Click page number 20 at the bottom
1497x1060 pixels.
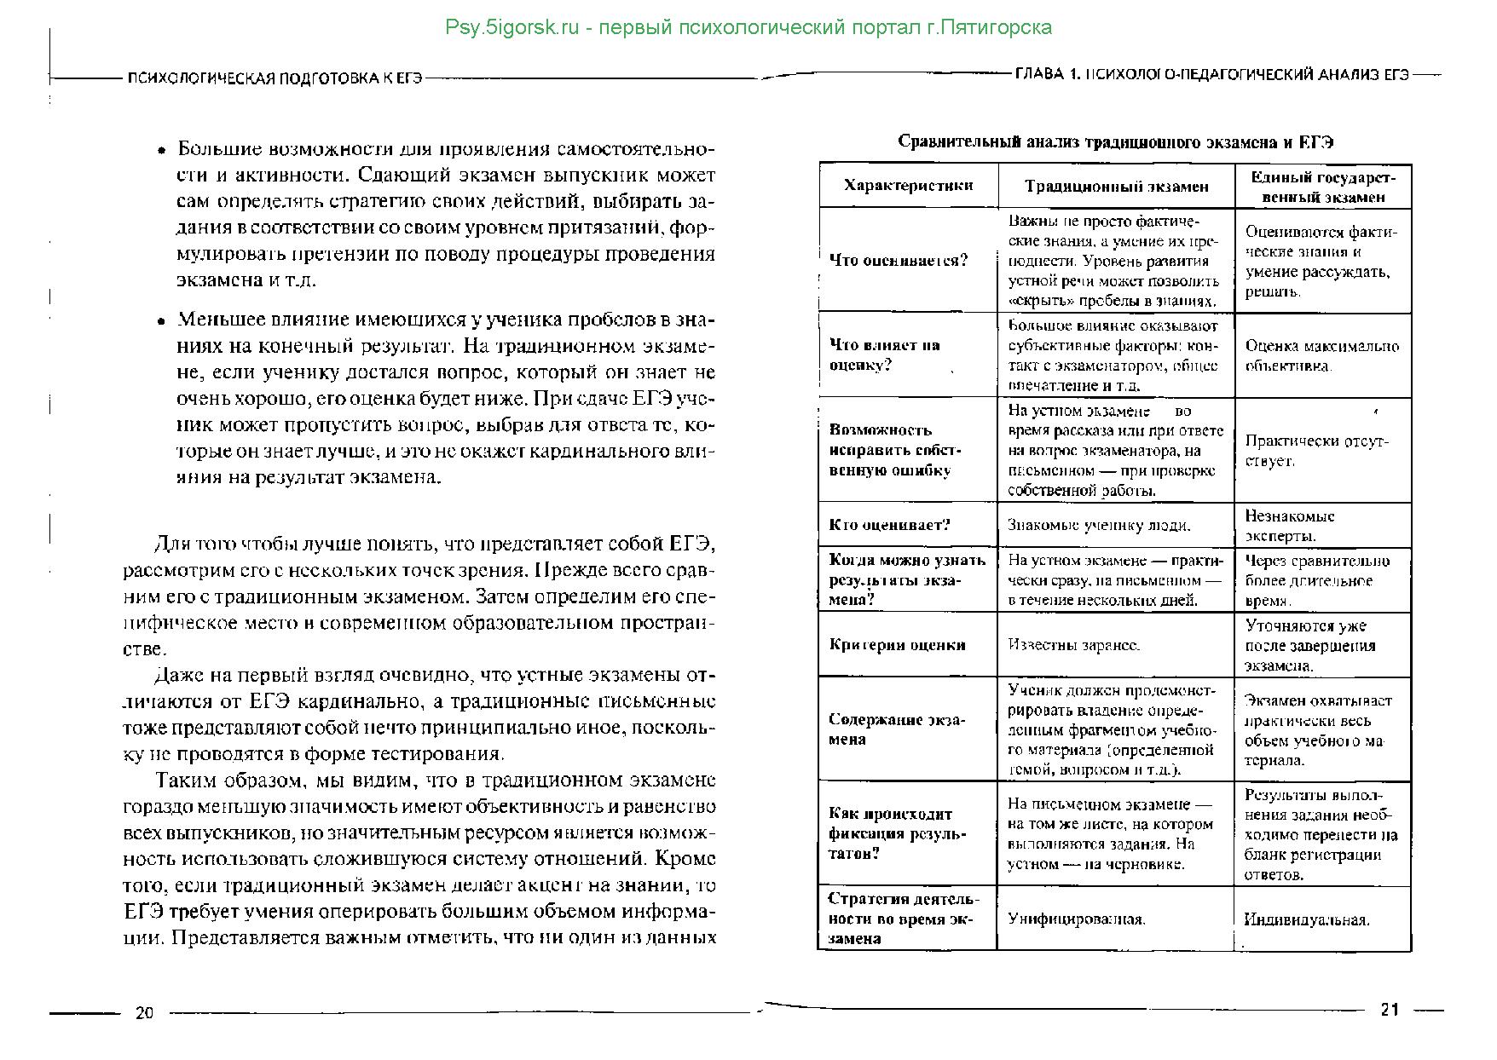click(x=144, y=1013)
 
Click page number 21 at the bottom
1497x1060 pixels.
click(x=1390, y=1010)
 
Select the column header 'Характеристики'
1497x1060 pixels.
click(x=908, y=185)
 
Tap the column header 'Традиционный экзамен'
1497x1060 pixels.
click(x=1116, y=186)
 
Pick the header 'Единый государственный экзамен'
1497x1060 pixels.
click(x=1323, y=187)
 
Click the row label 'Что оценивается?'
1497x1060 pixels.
click(x=899, y=260)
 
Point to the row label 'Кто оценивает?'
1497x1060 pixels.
click(x=889, y=525)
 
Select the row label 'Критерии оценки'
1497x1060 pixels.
click(x=897, y=644)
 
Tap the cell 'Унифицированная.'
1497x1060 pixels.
click(x=1076, y=919)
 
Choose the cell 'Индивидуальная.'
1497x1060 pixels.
click(x=1306, y=919)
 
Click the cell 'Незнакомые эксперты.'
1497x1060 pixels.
click(x=1290, y=526)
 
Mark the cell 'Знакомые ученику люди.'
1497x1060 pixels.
click(x=1099, y=526)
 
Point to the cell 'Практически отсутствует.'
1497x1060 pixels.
click(x=1316, y=450)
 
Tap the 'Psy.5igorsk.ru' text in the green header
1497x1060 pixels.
click(x=512, y=27)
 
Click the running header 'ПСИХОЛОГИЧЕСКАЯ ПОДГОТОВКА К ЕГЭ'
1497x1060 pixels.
click(x=275, y=78)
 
